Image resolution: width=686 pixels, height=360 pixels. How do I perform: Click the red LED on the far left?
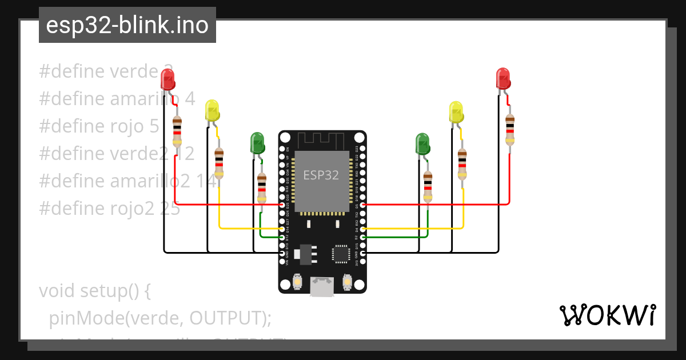coord(167,79)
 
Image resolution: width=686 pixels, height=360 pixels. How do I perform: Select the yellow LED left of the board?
coord(212,111)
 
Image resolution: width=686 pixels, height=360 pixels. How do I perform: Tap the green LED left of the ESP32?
coord(257,143)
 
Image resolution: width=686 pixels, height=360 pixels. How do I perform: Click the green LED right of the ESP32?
coord(422,143)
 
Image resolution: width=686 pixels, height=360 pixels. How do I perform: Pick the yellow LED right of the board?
coord(456,112)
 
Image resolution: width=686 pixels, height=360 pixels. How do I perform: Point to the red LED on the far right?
coord(502,79)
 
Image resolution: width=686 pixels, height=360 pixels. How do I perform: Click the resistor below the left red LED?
coord(177,131)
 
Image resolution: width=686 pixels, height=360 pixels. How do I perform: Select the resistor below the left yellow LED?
coord(219,163)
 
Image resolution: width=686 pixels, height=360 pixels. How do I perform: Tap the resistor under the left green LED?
coord(262,187)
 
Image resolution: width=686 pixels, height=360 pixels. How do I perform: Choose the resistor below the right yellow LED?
coord(462,164)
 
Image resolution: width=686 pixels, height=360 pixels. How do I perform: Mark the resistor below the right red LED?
coord(509,130)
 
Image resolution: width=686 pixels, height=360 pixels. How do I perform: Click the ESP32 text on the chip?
coord(321,175)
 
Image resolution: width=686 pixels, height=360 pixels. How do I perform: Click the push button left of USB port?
coord(297,282)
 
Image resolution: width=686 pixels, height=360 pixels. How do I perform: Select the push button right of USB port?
coord(346,282)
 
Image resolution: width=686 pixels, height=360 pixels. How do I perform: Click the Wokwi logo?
coord(607,315)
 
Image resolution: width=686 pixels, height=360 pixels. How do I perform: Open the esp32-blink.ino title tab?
coord(127,25)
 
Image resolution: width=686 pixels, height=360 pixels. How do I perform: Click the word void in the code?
coord(57,291)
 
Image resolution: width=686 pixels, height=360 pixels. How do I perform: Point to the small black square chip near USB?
coord(341,254)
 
